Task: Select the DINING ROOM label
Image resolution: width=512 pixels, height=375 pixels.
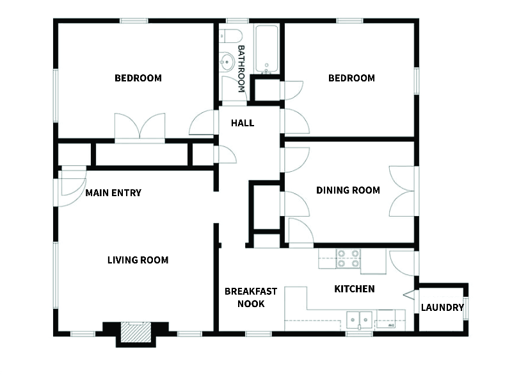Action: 348,190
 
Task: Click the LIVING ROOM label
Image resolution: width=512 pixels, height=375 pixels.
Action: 138,260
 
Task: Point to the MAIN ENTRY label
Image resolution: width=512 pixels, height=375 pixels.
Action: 113,193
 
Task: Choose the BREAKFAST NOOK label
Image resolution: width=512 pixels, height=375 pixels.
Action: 251,297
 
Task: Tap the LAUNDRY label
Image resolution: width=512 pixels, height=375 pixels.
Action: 442,308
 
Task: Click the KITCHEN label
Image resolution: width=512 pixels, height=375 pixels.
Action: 355,289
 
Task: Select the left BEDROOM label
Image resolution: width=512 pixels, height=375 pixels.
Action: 138,78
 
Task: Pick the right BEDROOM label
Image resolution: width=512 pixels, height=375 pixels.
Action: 351,78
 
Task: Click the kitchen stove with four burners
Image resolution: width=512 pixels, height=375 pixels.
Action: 348,258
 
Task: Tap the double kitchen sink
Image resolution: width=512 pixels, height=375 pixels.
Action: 358,319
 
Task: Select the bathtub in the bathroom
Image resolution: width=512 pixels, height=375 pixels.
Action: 266,49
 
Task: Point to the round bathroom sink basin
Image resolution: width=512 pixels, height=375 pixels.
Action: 226,62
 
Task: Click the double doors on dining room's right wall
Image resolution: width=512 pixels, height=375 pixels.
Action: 403,191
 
